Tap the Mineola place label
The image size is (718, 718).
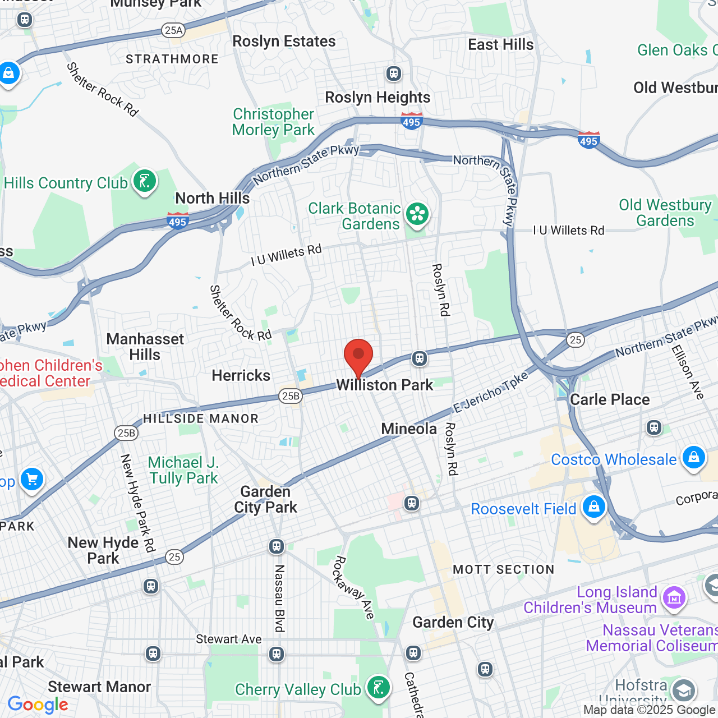coord(409,429)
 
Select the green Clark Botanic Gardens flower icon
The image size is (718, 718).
coord(417,214)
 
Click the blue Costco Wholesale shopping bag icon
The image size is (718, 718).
coord(693,457)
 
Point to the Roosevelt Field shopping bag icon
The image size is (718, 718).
coord(593,507)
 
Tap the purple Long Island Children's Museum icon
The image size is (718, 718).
coord(674,598)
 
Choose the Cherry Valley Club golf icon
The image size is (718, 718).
coord(379,687)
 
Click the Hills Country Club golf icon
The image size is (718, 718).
coord(145,182)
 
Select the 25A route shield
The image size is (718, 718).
coord(173,30)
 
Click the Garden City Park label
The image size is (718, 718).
coord(265,499)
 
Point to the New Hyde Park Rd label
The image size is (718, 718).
coord(137,503)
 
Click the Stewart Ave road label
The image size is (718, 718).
coord(228,639)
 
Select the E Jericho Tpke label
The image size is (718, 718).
coord(491,392)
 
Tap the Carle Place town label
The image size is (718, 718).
coord(610,399)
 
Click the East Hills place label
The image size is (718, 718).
coord(501,44)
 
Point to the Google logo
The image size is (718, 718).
coord(38,705)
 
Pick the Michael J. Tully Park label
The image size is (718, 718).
coord(183,470)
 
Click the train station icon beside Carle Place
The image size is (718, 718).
coord(653,427)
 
